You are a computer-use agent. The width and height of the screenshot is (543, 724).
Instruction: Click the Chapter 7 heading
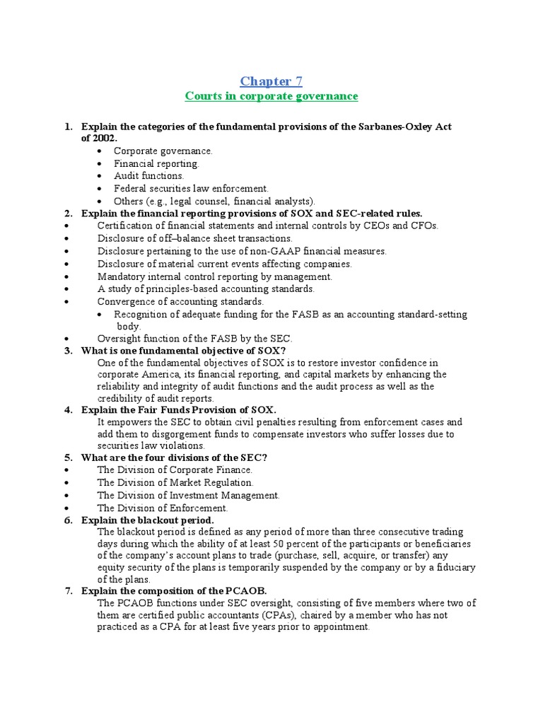(x=271, y=81)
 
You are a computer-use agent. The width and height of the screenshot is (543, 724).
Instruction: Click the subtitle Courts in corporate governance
(x=271, y=96)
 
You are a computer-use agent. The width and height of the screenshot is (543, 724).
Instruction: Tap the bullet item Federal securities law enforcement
(x=191, y=189)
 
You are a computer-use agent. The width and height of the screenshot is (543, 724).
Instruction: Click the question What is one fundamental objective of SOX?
(x=183, y=351)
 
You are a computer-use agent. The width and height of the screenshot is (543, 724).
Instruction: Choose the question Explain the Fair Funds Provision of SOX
(x=178, y=410)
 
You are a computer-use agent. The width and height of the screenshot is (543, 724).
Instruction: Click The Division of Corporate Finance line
(x=175, y=469)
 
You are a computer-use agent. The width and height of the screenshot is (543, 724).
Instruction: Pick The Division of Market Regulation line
(x=175, y=482)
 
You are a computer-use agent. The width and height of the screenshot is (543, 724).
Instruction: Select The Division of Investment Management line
(x=188, y=495)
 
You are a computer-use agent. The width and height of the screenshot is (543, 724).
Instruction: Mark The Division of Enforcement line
(x=163, y=508)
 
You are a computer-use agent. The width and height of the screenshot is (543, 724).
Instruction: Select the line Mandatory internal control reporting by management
(x=214, y=276)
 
